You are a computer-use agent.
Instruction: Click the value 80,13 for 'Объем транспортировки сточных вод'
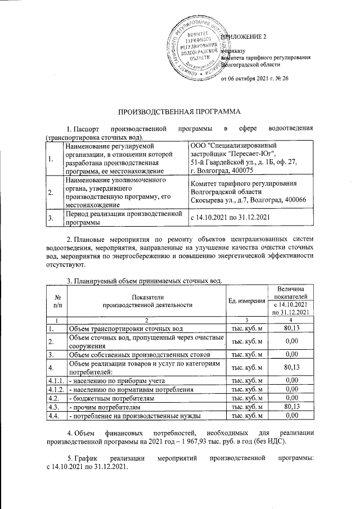tap(290, 328)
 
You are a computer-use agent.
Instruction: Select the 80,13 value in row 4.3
tap(290, 406)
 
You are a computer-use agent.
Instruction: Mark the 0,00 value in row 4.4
tap(290, 415)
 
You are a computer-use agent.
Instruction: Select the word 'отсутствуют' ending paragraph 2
tap(65, 264)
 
